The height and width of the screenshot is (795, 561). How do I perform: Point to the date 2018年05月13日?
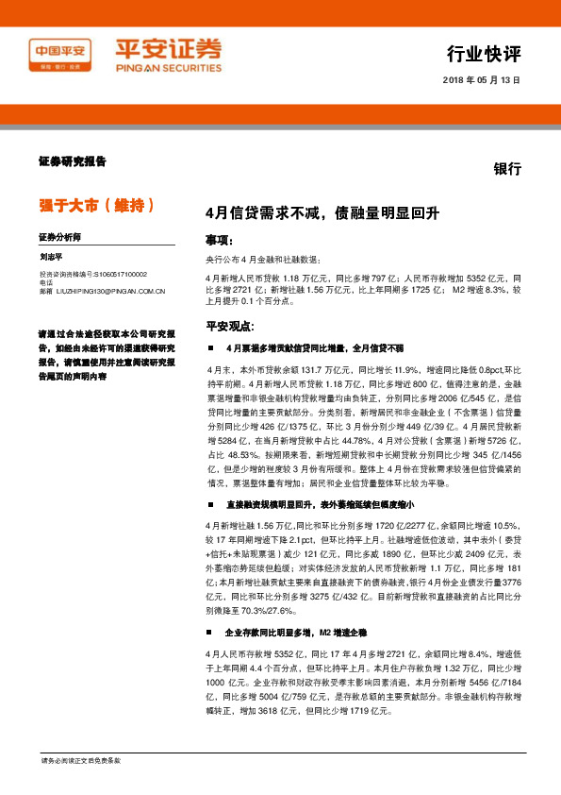coord(481,80)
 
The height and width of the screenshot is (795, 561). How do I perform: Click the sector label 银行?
coord(507,167)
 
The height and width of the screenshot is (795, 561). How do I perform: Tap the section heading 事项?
coord(219,241)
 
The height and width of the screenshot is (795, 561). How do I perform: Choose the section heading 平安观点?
coord(230,326)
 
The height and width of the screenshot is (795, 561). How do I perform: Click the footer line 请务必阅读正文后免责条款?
coord(80,760)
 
